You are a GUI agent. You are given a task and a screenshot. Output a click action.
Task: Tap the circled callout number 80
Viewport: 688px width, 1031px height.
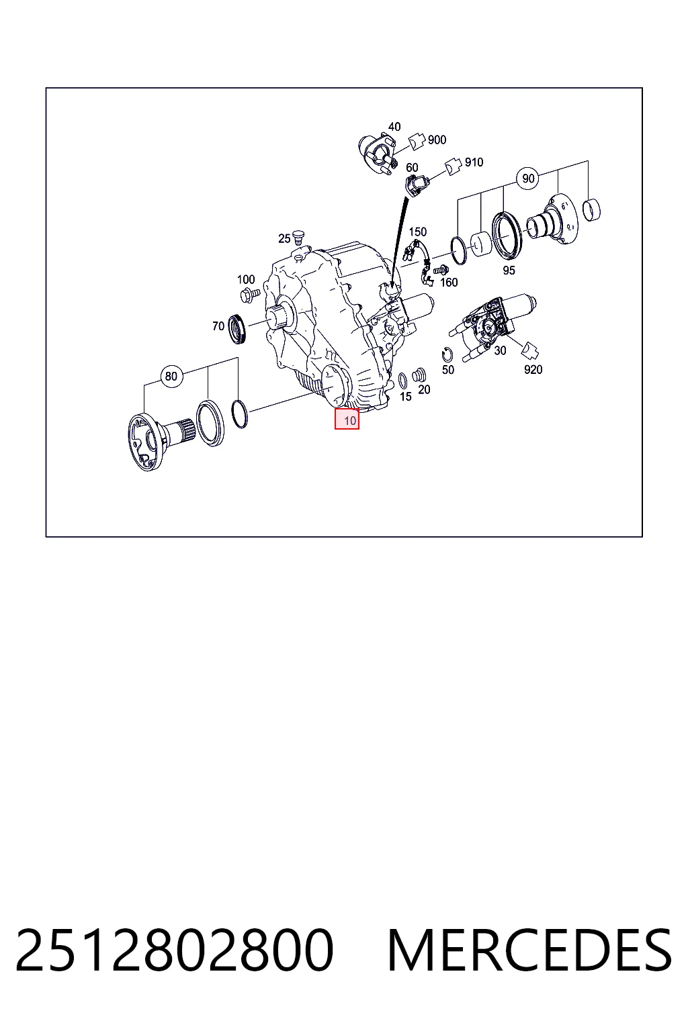pyautogui.click(x=171, y=376)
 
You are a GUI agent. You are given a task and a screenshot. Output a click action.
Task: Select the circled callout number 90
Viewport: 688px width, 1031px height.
pyautogui.click(x=528, y=178)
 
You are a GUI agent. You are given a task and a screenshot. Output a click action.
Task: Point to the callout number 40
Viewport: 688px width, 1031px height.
pyautogui.click(x=394, y=127)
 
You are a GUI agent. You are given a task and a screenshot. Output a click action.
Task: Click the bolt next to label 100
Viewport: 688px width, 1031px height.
pyautogui.click(x=250, y=293)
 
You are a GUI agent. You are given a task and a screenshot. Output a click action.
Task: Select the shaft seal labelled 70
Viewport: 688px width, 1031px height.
pyautogui.click(x=239, y=328)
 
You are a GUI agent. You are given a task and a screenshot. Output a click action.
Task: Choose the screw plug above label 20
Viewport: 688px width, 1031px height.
pyautogui.click(x=419, y=375)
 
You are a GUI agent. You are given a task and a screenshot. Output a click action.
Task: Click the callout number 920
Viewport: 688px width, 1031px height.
pyautogui.click(x=533, y=370)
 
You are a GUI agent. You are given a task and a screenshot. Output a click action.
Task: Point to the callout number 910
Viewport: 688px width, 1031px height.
pyautogui.click(x=474, y=162)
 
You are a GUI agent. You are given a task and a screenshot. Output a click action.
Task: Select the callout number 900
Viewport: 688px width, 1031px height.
pyautogui.click(x=437, y=140)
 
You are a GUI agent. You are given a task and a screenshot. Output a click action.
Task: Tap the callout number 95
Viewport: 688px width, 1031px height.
pyautogui.click(x=509, y=271)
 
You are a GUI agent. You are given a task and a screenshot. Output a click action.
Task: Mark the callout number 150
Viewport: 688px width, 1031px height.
pyautogui.click(x=418, y=232)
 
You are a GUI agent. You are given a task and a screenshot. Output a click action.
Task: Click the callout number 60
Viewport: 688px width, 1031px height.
pyautogui.click(x=412, y=168)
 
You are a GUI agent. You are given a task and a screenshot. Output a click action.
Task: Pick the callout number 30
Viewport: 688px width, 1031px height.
pyautogui.click(x=500, y=351)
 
